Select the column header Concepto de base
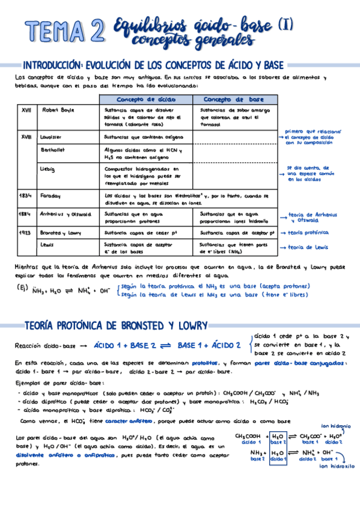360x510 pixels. [234, 99]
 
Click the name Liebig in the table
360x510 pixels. [47, 169]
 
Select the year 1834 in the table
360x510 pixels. [25, 195]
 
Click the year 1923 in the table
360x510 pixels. [25, 232]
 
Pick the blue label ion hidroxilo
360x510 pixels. [337, 466]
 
